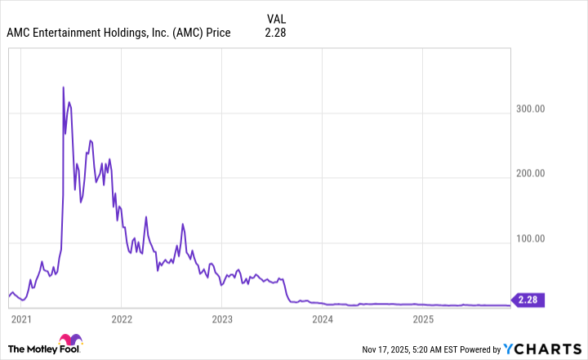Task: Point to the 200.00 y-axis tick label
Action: pyautogui.click(x=539, y=174)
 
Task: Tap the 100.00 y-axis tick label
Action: pyautogui.click(x=539, y=239)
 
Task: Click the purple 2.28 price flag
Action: pyautogui.click(x=529, y=300)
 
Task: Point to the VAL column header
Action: pyautogui.click(x=276, y=18)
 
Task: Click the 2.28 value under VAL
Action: pyautogui.click(x=275, y=33)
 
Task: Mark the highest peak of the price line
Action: pyautogui.click(x=64, y=87)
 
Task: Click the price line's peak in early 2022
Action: pyautogui.click(x=145, y=217)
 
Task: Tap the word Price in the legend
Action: pyautogui.click(x=216, y=33)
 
